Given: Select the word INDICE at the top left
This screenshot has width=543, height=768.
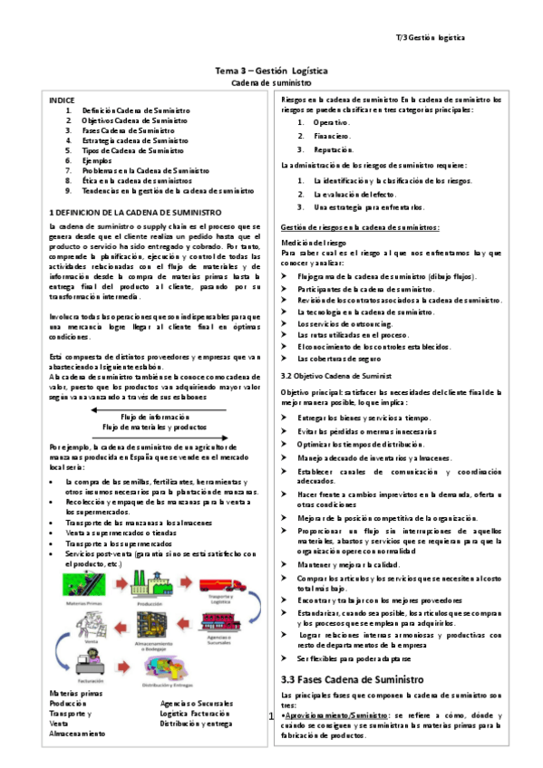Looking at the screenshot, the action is [63, 100].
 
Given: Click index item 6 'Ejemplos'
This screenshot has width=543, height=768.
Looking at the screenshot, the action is [97, 160].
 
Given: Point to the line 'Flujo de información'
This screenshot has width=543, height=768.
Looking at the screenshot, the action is [158, 416].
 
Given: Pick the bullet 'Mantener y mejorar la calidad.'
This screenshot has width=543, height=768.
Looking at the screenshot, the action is [351, 563].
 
